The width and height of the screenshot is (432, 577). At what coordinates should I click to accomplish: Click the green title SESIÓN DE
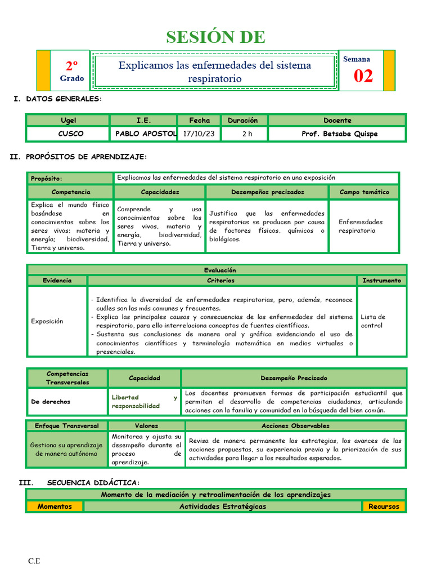coord(215,37)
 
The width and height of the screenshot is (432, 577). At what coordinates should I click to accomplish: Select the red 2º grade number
coord(72,65)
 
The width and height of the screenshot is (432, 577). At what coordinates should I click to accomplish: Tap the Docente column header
coord(337,120)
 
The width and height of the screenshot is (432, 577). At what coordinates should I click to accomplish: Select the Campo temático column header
coord(364,192)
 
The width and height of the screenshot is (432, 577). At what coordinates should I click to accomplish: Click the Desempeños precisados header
coord(267,192)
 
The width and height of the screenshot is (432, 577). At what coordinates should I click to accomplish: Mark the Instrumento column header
coord(382,280)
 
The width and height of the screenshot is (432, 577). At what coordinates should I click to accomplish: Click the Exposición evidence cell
coord(47,321)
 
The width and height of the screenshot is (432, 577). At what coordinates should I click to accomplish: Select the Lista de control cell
coord(373,321)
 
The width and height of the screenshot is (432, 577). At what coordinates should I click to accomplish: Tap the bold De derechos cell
coord(51,402)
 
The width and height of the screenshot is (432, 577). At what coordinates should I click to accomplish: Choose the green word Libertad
coord(125,397)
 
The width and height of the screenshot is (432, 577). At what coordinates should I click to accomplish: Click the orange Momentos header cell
coord(55,506)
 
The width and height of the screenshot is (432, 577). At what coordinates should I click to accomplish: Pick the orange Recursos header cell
coord(384,506)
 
